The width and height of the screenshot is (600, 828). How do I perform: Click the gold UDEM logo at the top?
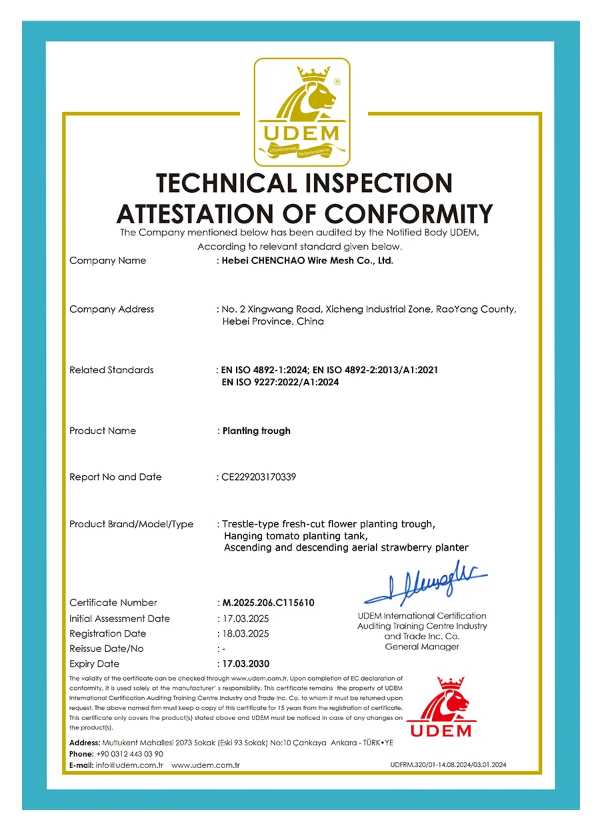(301, 111)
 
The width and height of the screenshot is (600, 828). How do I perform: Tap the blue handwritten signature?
(426, 585)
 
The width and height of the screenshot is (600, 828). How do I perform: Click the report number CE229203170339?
(259, 477)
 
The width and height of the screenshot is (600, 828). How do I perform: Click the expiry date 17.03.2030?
(245, 664)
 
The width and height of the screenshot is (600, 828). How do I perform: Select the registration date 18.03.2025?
(245, 633)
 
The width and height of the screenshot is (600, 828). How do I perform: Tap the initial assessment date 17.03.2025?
(245, 619)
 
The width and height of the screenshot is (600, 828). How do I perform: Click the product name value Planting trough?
(256, 431)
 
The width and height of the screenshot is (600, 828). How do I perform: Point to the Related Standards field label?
(111, 370)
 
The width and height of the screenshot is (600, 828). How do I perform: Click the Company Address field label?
(111, 309)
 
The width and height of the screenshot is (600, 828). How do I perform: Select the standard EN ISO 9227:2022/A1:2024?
(280, 383)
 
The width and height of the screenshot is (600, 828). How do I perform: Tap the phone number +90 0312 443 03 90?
(129, 754)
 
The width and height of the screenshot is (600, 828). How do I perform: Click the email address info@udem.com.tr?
(129, 765)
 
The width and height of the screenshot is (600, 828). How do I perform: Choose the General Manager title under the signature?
(422, 647)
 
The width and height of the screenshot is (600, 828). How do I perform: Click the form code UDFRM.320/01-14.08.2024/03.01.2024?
(448, 765)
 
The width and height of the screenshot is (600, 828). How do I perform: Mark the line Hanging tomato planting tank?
(295, 536)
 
